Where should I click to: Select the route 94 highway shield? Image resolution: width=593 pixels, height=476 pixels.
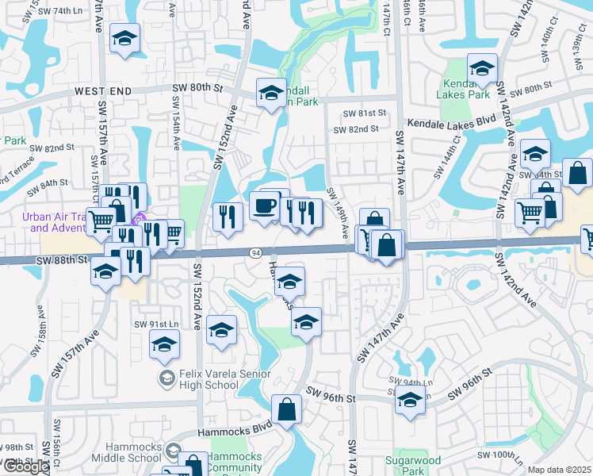(255, 253)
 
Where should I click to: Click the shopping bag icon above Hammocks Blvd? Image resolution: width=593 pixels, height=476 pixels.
(286, 410)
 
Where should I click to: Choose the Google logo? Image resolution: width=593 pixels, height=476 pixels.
(25, 466)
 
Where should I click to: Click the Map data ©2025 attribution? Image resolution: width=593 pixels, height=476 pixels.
(559, 470)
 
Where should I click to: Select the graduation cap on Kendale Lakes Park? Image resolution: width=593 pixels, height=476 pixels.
(481, 68)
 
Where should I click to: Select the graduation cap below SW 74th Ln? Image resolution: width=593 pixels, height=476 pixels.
(124, 39)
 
